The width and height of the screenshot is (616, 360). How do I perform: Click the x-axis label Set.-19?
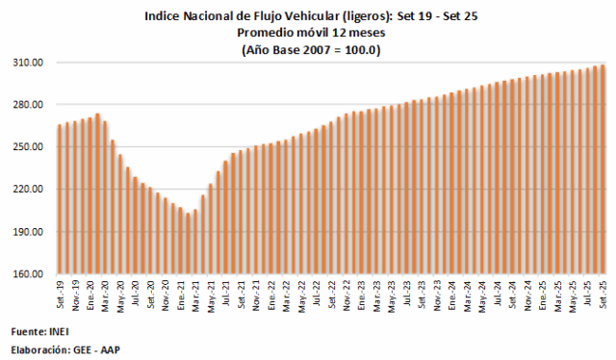[60, 295]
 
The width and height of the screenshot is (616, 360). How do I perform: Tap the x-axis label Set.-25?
[603, 295]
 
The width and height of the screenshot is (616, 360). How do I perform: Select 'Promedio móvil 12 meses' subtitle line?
[308, 33]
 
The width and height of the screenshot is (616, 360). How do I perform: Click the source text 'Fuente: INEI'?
[41, 332]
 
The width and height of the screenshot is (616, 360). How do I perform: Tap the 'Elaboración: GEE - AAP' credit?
[66, 349]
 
